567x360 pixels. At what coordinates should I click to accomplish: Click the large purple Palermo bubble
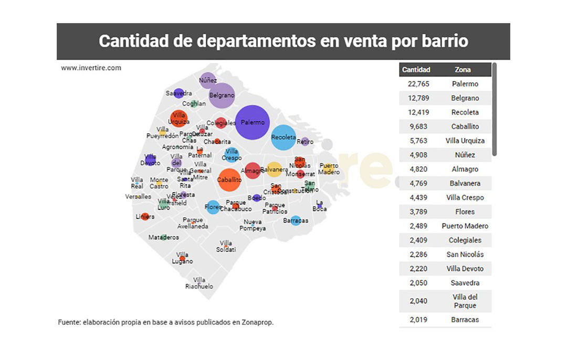pyautogui.click(x=253, y=122)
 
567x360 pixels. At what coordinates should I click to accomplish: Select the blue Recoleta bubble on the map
pyautogui.click(x=283, y=137)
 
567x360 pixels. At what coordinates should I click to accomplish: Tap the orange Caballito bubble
pyautogui.click(x=229, y=179)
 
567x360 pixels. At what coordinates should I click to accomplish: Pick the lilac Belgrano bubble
pyautogui.click(x=222, y=96)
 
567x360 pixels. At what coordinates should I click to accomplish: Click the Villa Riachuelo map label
pyautogui.click(x=199, y=283)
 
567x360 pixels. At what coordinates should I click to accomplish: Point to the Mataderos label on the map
pyautogui.click(x=163, y=238)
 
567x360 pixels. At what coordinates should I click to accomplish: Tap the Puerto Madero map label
pyautogui.click(x=329, y=169)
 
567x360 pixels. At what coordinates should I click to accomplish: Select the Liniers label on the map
pyautogui.click(x=145, y=217)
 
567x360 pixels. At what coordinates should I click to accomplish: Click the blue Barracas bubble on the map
pyautogui.click(x=296, y=221)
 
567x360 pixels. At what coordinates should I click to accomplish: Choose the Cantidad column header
pyautogui.click(x=416, y=70)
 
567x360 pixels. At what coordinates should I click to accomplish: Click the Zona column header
pyautogui.click(x=463, y=70)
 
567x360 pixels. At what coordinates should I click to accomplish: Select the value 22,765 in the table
pyautogui.click(x=418, y=84)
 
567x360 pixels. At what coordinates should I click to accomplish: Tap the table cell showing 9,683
pyautogui.click(x=418, y=126)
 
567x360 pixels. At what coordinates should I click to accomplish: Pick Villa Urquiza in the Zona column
pyautogui.click(x=465, y=141)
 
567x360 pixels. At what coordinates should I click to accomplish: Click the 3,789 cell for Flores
pyautogui.click(x=418, y=212)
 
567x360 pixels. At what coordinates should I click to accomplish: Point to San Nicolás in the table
pyautogui.click(x=465, y=255)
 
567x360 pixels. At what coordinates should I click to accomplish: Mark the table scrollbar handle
pyautogui.click(x=494, y=110)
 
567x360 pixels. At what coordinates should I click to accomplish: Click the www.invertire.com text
pyautogui.click(x=91, y=68)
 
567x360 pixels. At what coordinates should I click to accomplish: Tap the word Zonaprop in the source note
pyautogui.click(x=257, y=322)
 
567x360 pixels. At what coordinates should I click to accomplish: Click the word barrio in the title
pyautogui.click(x=444, y=41)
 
